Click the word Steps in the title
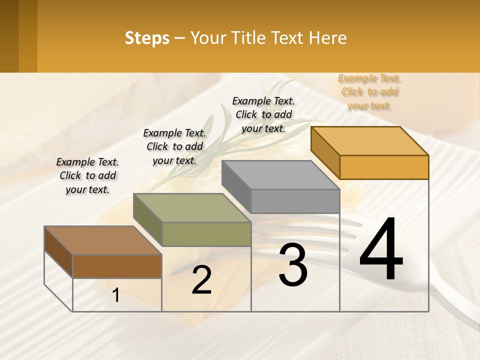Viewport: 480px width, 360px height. pyautogui.click(x=147, y=38)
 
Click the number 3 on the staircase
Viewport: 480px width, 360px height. pyautogui.click(x=293, y=265)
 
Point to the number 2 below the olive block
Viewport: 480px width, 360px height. pyautogui.click(x=201, y=280)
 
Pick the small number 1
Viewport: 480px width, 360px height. pyautogui.click(x=116, y=295)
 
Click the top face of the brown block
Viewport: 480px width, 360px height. pyautogui.click(x=103, y=240)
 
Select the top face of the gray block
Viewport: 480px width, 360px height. pyautogui.click(x=280, y=175)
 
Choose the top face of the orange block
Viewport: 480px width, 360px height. pyautogui.click(x=369, y=141)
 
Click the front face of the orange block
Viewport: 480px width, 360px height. pyautogui.click(x=384, y=167)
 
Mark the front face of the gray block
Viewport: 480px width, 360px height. pyautogui.click(x=295, y=201)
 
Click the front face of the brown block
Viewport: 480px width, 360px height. pyautogui.click(x=117, y=266)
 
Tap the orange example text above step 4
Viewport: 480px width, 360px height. pyautogui.click(x=369, y=92)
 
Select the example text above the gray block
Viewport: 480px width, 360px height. pyautogui.click(x=263, y=114)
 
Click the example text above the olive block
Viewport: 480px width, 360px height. pyautogui.click(x=174, y=146)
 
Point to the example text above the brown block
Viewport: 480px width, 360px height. pyautogui.click(x=87, y=175)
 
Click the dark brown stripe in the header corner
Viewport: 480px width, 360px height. pyautogui.click(x=9, y=36)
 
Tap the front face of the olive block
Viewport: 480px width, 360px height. pyautogui.click(x=206, y=234)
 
